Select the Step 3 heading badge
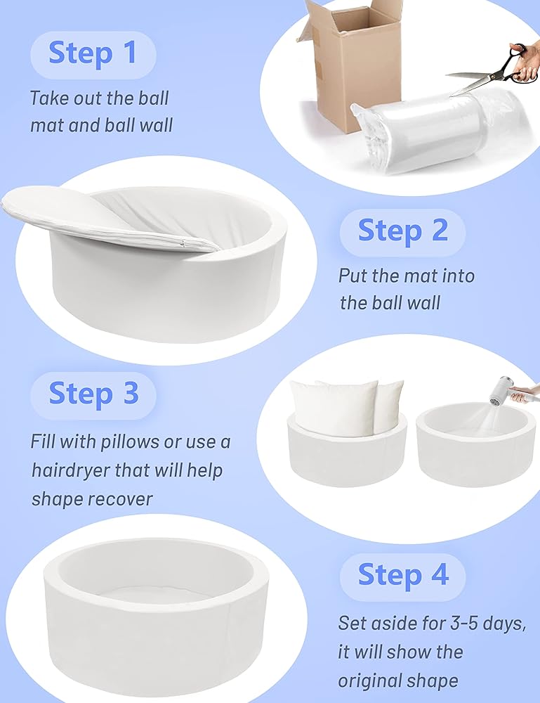click(x=93, y=395)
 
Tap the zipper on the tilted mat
click(x=183, y=243)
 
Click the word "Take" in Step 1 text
click(x=49, y=98)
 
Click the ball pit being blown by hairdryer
click(x=475, y=444)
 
